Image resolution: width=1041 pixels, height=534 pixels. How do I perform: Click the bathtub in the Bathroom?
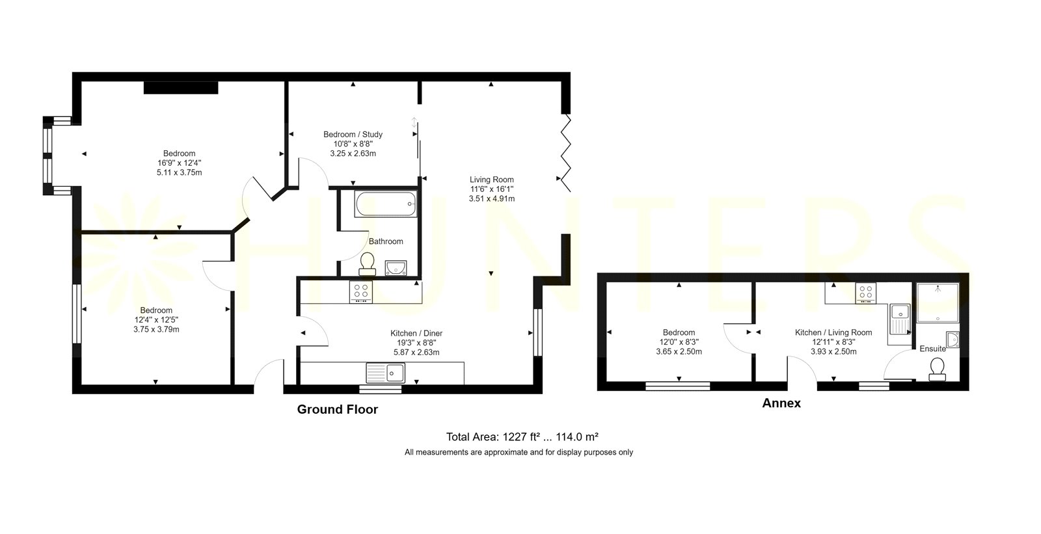coord(385,204)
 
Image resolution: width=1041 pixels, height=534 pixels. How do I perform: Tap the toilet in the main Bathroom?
coord(367,263)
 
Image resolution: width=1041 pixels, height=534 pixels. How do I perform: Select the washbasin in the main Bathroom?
coord(396,268)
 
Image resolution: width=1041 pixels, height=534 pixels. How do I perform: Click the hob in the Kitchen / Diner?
coord(360,291)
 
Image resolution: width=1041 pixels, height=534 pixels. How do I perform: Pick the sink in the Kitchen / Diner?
coord(385,373)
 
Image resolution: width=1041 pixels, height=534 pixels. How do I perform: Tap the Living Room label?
coord(492,180)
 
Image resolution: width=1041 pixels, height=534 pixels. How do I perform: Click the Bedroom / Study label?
coord(353,135)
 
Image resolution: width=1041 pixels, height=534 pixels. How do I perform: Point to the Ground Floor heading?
coord(338,410)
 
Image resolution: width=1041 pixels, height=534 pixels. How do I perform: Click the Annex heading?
coord(781,403)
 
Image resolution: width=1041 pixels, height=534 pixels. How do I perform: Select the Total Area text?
coord(522,437)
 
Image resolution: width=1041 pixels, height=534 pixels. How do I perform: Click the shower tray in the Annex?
coord(938,302)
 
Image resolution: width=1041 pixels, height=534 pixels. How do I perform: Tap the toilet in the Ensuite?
coord(938,369)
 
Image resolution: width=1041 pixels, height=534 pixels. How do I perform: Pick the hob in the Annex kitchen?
coord(866,293)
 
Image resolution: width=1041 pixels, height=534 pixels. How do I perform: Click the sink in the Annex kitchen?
coord(900,319)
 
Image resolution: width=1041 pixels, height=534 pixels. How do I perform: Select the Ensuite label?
coord(933,349)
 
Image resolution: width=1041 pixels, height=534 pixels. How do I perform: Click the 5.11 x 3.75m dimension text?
coord(180,172)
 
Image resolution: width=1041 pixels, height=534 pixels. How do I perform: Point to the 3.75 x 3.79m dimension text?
coord(156,330)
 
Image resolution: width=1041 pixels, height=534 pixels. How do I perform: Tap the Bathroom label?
coord(386,241)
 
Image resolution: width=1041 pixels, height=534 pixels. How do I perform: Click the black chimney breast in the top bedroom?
coord(181,88)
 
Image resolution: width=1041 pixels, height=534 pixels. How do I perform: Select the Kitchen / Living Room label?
coord(833,332)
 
